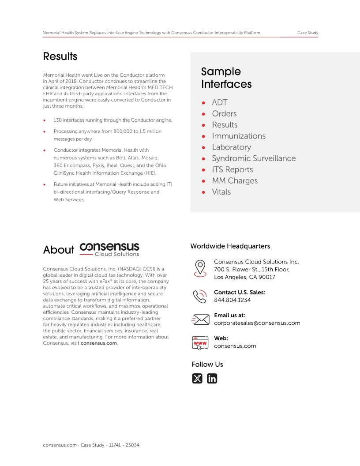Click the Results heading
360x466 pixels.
60,56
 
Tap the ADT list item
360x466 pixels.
219,102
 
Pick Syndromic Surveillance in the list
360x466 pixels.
254,158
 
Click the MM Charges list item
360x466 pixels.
235,180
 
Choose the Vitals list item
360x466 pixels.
221,192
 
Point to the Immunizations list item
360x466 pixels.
239,136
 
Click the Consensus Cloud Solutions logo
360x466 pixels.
109,249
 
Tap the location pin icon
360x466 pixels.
200,268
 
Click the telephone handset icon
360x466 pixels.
200,296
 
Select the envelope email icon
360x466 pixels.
200,319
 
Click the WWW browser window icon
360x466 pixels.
200,342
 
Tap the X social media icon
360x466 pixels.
197,379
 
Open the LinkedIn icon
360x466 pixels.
212,379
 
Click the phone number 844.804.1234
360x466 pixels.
232,300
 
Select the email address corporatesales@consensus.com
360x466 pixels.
257,323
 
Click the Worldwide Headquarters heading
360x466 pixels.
230,246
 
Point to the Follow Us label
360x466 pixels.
207,365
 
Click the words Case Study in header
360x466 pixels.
307,33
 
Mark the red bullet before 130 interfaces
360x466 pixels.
45,120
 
